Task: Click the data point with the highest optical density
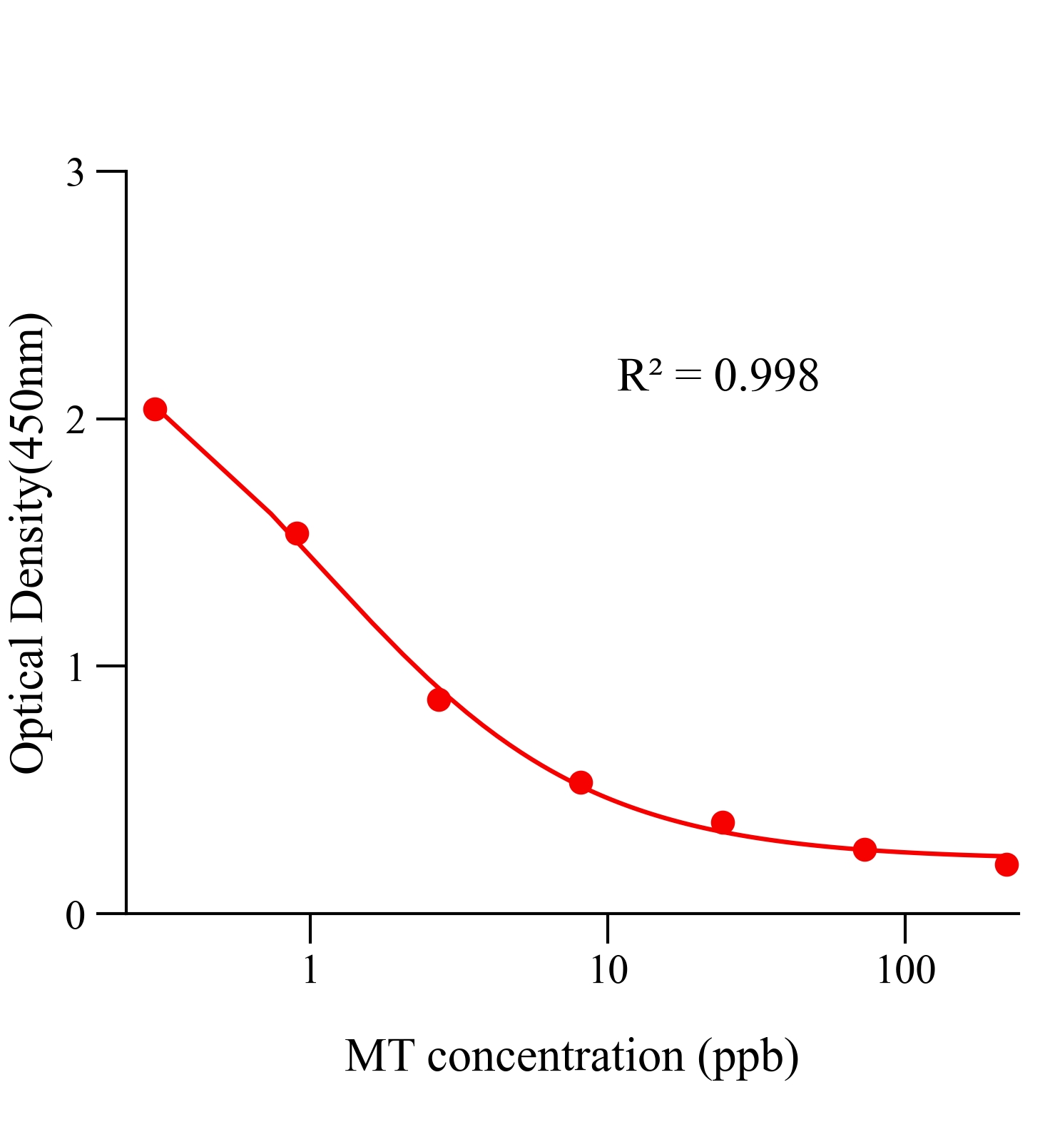(x=155, y=409)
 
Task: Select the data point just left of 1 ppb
(x=297, y=533)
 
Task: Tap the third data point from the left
(x=439, y=699)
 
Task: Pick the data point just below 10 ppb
(x=581, y=782)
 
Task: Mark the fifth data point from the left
(x=723, y=822)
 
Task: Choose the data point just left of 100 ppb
(x=865, y=849)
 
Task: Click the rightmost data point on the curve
(x=1006, y=864)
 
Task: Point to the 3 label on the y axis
(x=75, y=173)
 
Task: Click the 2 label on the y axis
(x=75, y=420)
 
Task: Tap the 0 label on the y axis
(x=75, y=915)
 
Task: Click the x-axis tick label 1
(x=310, y=970)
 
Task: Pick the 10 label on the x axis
(x=608, y=970)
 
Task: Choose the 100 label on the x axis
(x=905, y=970)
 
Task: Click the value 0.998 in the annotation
(x=766, y=375)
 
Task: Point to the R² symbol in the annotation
(x=640, y=375)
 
